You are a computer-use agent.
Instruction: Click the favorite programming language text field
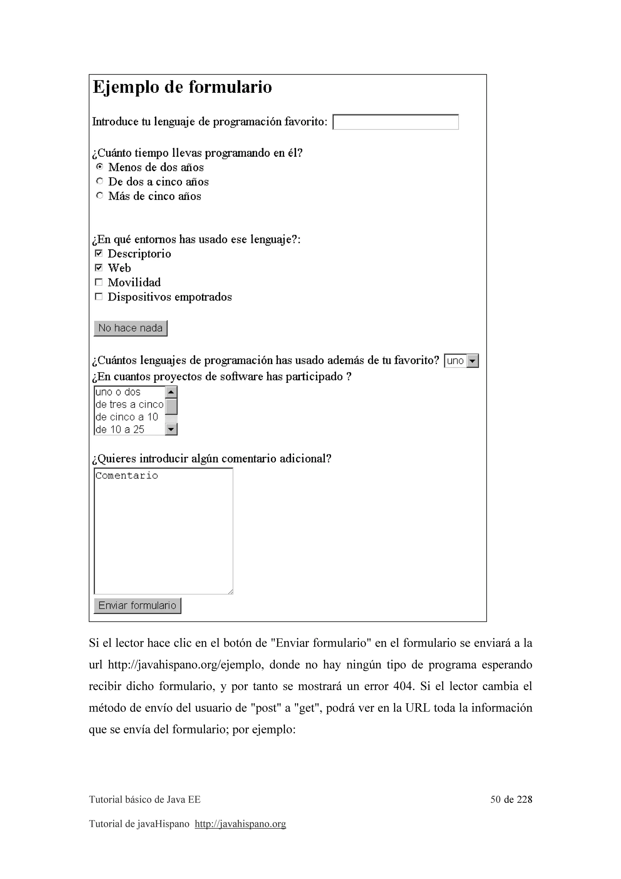point(395,122)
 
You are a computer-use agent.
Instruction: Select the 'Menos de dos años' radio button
point(99,167)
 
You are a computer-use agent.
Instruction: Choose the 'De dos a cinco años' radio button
point(99,181)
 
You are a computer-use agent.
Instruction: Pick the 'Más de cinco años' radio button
point(99,195)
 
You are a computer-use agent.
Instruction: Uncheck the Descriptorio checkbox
point(99,253)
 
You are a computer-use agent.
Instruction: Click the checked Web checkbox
point(99,268)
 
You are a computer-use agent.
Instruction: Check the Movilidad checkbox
point(99,282)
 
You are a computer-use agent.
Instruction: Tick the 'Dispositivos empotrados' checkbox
point(99,297)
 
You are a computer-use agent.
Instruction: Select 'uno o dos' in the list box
point(118,392)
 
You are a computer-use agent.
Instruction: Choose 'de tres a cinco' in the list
point(129,405)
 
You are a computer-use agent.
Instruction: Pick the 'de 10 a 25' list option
point(120,429)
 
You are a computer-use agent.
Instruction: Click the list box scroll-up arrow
point(171,392)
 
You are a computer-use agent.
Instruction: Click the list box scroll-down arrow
point(171,429)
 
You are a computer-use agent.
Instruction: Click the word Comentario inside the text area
point(127,476)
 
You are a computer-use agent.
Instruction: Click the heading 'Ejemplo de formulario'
point(182,87)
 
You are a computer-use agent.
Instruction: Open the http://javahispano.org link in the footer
point(240,823)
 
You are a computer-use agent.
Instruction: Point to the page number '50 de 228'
point(511,799)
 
